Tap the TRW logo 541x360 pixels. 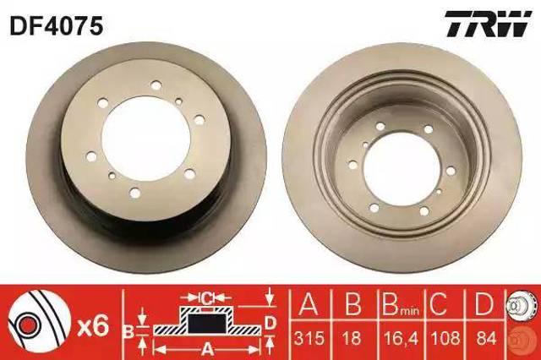pos(488,24)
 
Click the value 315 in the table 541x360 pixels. pos(309,338)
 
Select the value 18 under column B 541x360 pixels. pos(352,338)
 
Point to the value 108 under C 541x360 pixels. pos(445,338)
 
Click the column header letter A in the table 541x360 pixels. pos(308,303)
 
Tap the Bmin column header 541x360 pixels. pos(400,303)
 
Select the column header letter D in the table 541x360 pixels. pos(484,303)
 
